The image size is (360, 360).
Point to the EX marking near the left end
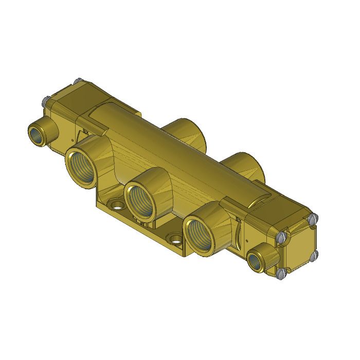click(85, 132)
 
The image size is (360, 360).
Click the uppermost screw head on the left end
click(78, 81)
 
